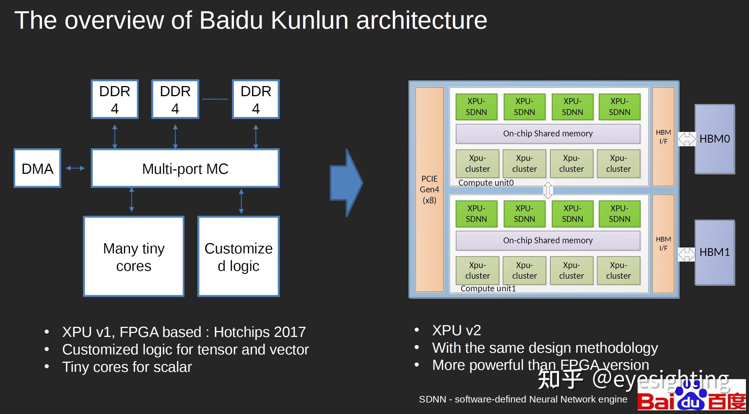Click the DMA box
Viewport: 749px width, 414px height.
click(37, 168)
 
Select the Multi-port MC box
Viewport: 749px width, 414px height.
click(185, 168)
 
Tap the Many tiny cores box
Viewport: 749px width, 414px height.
click(134, 256)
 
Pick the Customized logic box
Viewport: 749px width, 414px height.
click(238, 256)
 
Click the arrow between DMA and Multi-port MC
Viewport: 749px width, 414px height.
click(75, 168)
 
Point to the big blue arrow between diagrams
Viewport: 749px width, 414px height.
click(346, 183)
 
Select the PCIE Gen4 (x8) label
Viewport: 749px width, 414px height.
click(429, 189)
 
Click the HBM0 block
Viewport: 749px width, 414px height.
click(715, 139)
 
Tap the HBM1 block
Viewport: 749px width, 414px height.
click(715, 252)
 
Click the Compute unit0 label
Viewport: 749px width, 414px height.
click(486, 183)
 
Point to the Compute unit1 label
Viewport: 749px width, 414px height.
click(488, 288)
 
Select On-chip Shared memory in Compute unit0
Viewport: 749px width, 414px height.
click(548, 134)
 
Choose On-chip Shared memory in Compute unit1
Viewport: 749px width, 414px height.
click(548, 240)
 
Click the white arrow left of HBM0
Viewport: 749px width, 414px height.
click(687, 139)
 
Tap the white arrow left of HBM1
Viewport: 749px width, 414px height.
click(687, 255)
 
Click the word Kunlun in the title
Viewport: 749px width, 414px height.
click(310, 20)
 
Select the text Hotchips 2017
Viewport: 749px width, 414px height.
click(260, 332)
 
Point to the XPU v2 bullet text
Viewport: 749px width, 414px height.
click(457, 330)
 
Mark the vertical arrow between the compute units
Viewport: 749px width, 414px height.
click(548, 190)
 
